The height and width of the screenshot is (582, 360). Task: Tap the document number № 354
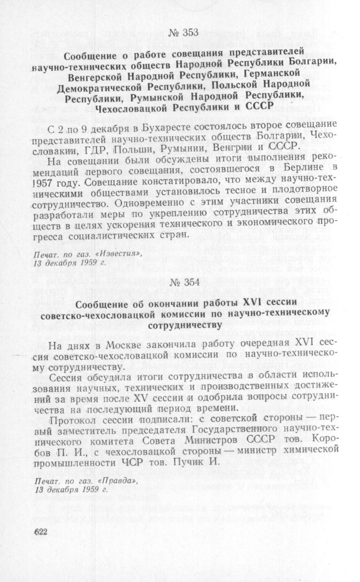point(184,283)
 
